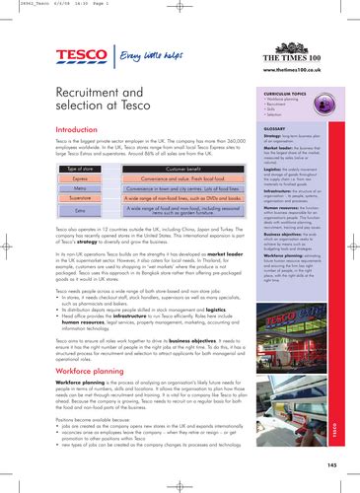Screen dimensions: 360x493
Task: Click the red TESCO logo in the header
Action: [x=83, y=56]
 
